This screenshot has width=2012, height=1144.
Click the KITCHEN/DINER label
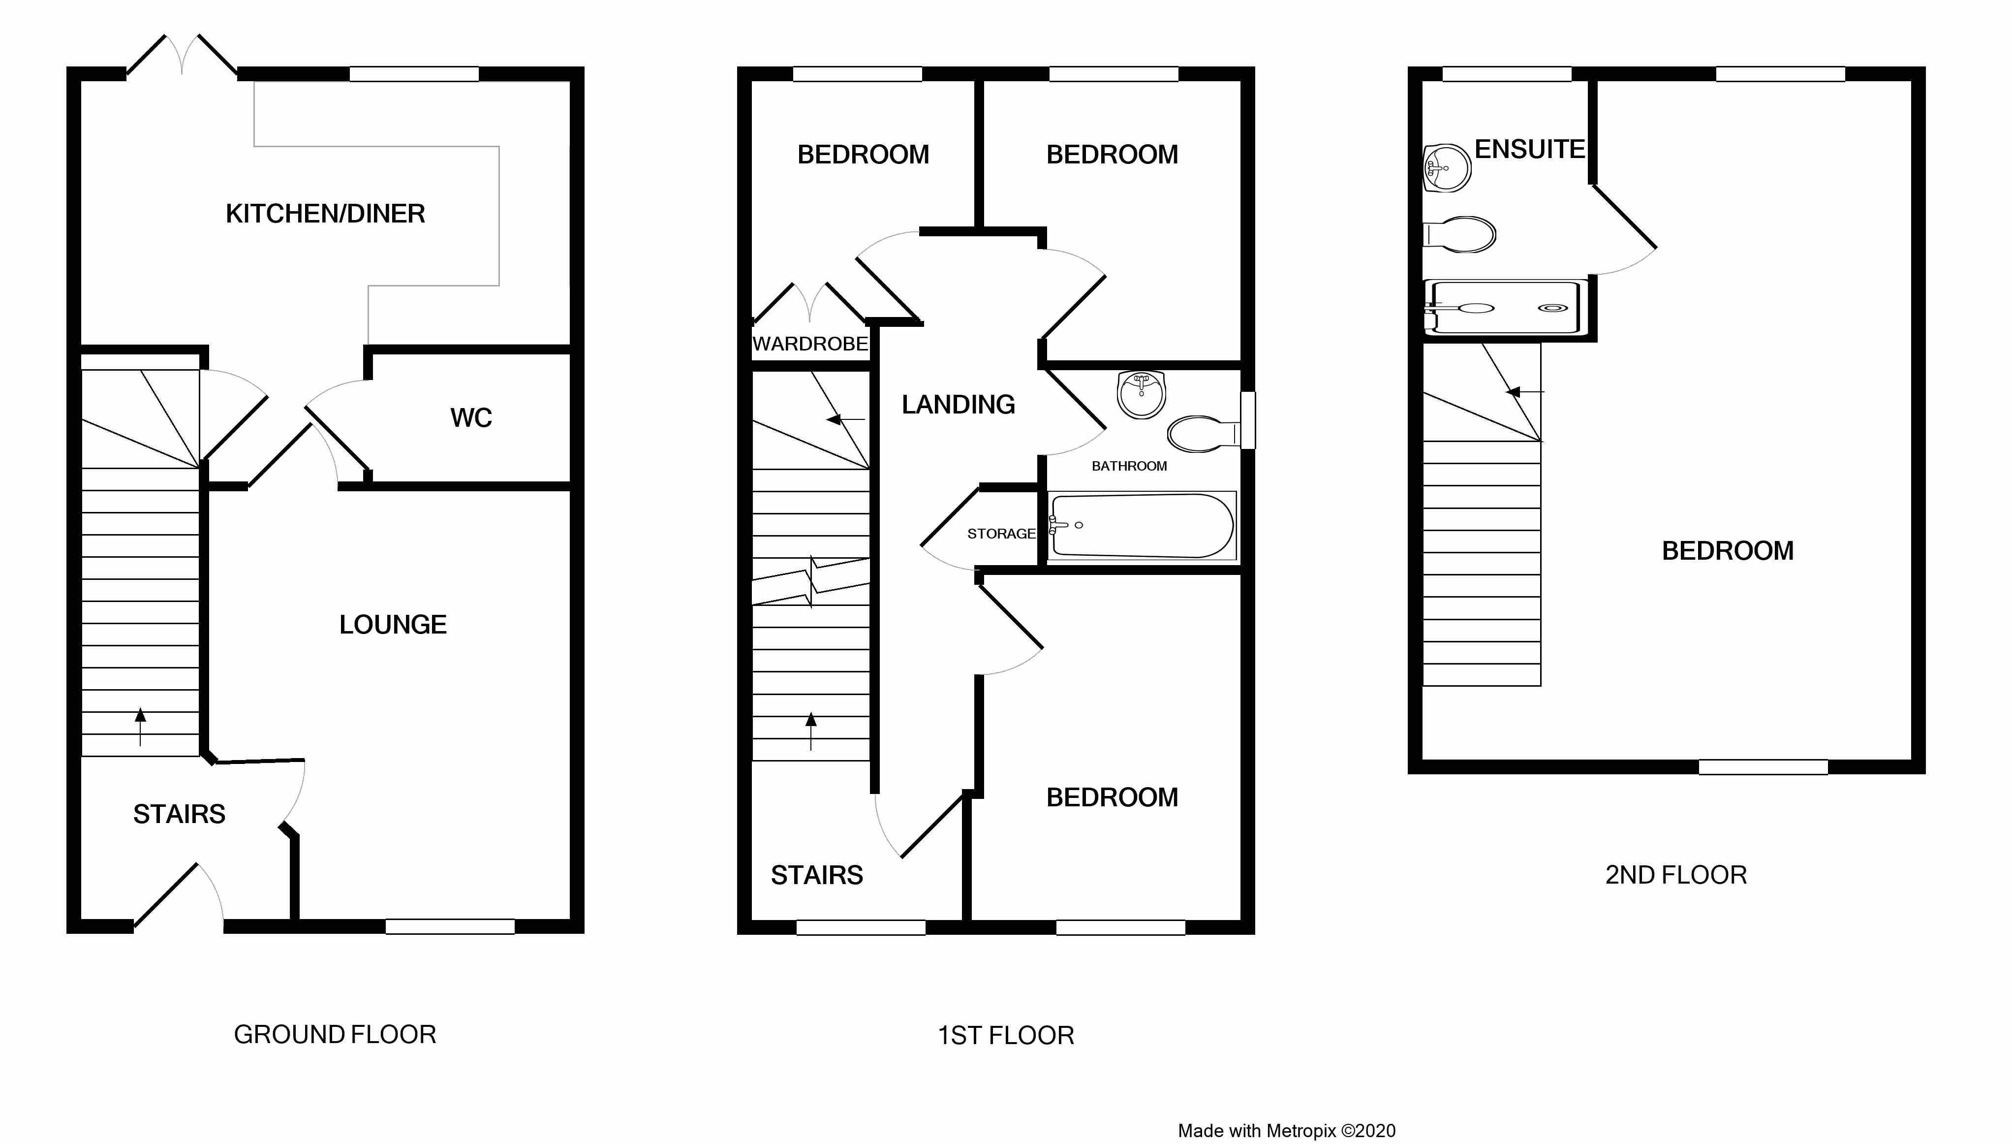click(x=325, y=214)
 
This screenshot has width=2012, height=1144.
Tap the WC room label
click(x=471, y=418)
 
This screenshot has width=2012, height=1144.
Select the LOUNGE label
click(x=393, y=625)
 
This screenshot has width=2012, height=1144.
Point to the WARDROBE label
click(x=809, y=344)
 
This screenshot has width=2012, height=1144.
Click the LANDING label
click(x=958, y=405)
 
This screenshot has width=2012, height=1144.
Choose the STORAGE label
click(x=1001, y=534)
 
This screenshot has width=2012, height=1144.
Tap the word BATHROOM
click(x=1129, y=466)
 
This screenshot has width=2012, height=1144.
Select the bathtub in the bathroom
click(x=1143, y=526)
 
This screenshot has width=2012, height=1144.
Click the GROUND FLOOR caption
click(x=335, y=1035)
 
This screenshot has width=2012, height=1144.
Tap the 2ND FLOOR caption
click(x=1676, y=875)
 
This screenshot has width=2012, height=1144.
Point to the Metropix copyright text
click(x=1286, y=1131)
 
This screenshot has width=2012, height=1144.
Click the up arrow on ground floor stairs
click(x=141, y=726)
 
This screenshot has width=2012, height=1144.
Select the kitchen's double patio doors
click(x=182, y=57)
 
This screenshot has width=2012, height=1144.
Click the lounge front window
click(x=450, y=926)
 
